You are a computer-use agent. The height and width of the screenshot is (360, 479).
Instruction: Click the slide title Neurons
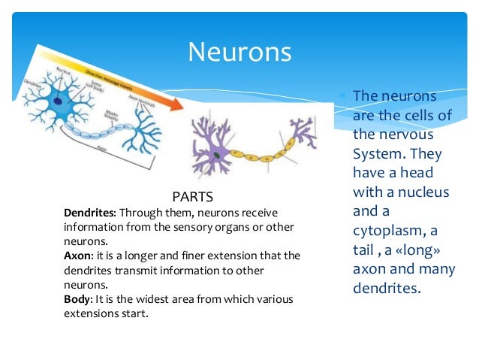tap(239, 52)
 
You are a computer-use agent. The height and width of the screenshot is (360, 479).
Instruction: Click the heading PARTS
tap(193, 196)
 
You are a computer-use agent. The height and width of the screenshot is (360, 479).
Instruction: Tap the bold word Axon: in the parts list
tap(78, 256)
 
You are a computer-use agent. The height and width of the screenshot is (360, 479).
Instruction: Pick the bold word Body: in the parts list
tap(79, 299)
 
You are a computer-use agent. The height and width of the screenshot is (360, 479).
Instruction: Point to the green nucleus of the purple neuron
tap(216, 155)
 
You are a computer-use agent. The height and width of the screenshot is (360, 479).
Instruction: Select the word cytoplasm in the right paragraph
tap(389, 230)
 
